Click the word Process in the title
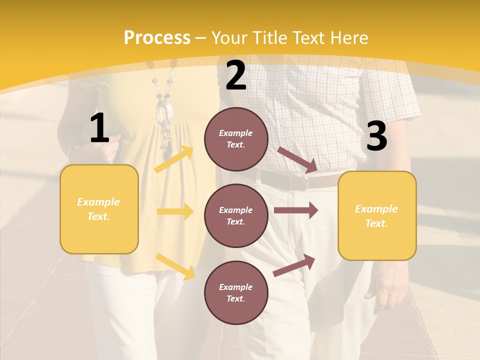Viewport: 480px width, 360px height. (157, 37)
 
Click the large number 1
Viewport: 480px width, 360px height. (99, 128)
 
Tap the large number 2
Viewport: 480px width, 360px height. (236, 75)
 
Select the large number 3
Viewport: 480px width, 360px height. (376, 136)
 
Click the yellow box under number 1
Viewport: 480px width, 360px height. (99, 209)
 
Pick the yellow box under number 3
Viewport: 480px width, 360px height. (377, 215)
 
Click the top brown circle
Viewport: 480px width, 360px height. (236, 139)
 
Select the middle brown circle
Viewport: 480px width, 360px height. (236, 215)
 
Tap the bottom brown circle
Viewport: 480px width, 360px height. (236, 292)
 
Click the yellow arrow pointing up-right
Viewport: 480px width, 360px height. (174, 159)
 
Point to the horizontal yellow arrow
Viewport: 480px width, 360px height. (175, 211)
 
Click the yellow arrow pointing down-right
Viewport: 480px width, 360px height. (175, 266)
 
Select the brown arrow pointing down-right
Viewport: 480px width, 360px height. (297, 160)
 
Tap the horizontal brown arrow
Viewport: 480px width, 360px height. (295, 210)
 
